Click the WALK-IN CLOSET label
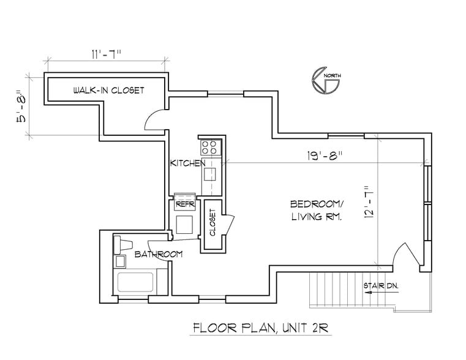click(x=109, y=90)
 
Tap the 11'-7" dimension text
click(x=106, y=54)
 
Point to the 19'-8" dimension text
click(x=325, y=156)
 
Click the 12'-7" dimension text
click(x=368, y=203)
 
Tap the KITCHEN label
click(x=187, y=163)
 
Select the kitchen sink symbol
click(x=209, y=174)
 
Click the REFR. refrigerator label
click(x=186, y=204)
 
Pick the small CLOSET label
click(x=212, y=222)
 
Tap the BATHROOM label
click(x=159, y=254)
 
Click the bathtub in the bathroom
click(x=135, y=282)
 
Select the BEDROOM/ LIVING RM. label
click(x=317, y=211)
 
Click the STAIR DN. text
click(x=381, y=286)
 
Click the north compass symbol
click(x=326, y=80)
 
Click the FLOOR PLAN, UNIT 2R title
click(x=261, y=328)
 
